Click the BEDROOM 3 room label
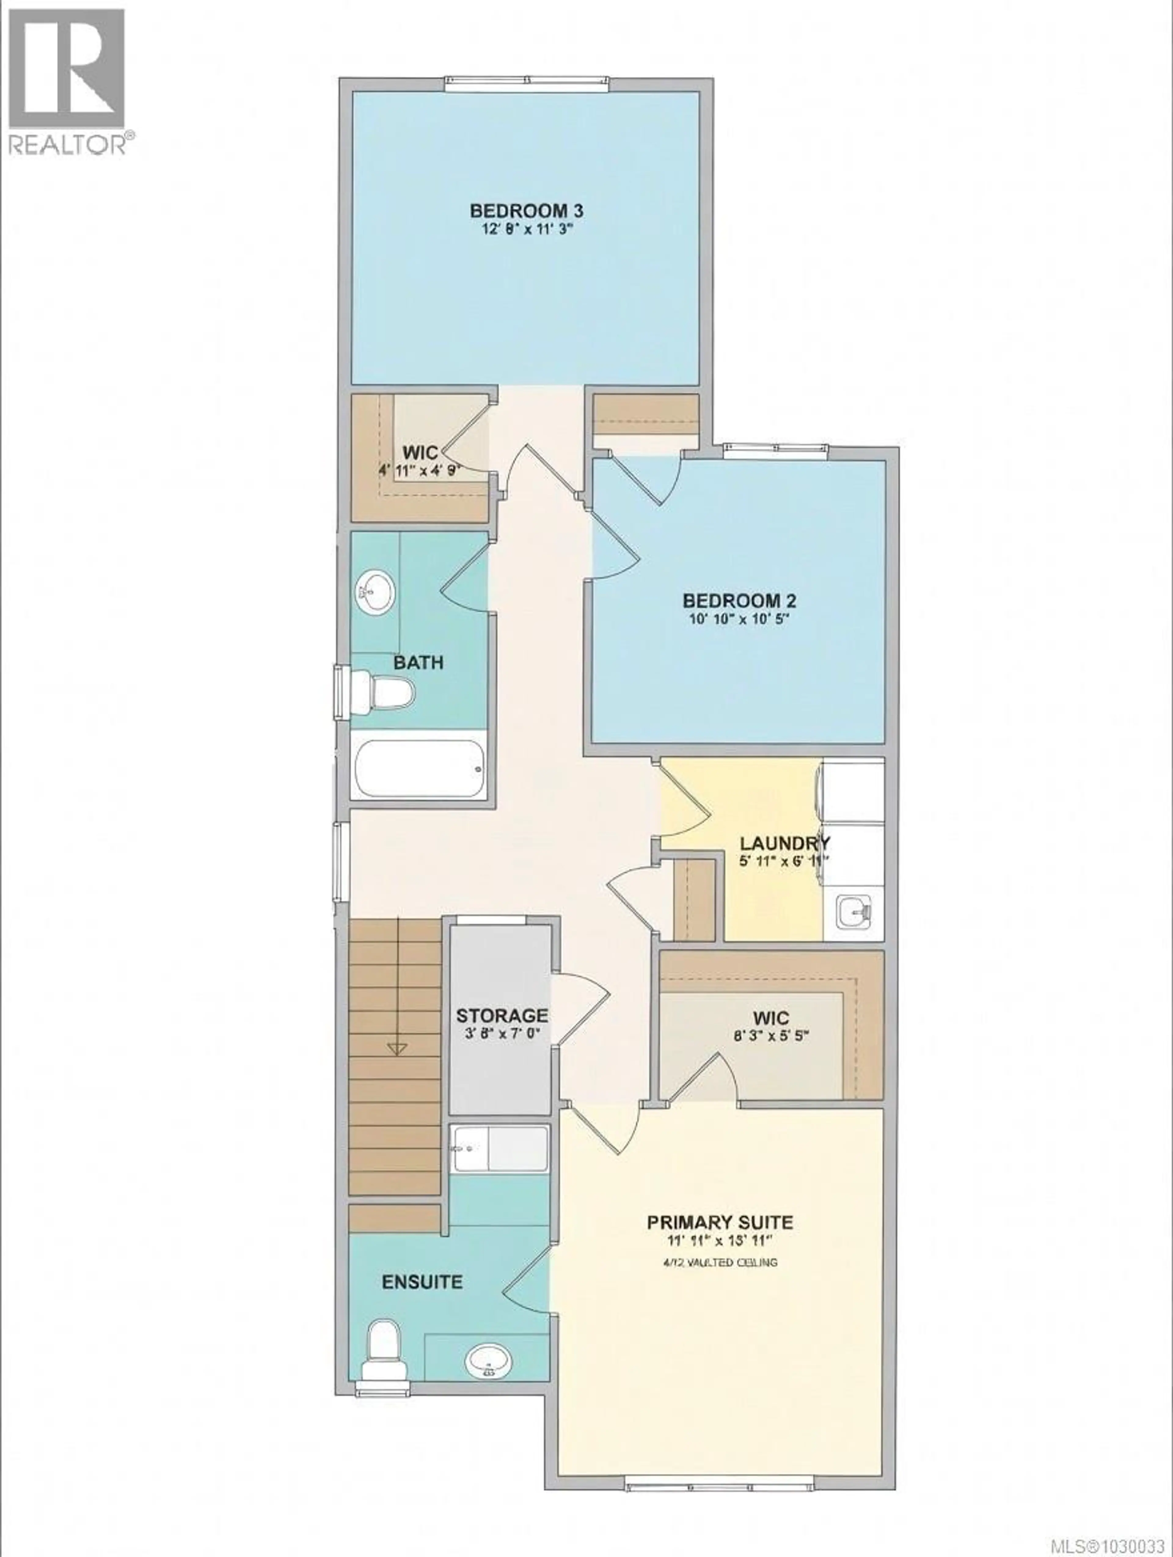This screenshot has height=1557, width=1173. point(527,210)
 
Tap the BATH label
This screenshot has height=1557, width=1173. point(418,662)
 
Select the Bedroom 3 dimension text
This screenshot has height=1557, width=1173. point(527,229)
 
